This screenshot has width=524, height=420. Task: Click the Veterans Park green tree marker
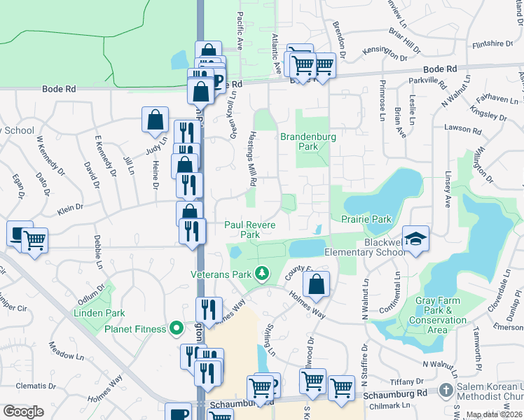pyautogui.click(x=262, y=273)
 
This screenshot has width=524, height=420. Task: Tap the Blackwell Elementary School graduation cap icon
pyautogui.click(x=415, y=239)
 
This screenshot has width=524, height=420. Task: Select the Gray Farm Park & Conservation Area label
pyautogui.click(x=441, y=315)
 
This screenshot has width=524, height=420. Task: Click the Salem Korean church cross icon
pyautogui.click(x=446, y=389)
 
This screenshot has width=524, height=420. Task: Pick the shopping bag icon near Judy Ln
pyautogui.click(x=155, y=120)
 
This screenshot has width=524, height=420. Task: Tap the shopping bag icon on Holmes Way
pyautogui.click(x=316, y=284)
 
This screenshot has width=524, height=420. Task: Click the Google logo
pyautogui.click(x=23, y=411)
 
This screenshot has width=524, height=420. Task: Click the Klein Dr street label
pyautogui.click(x=69, y=209)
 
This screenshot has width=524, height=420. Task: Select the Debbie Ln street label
pyautogui.click(x=99, y=253)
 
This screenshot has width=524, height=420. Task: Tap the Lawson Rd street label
pyautogui.click(x=463, y=129)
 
